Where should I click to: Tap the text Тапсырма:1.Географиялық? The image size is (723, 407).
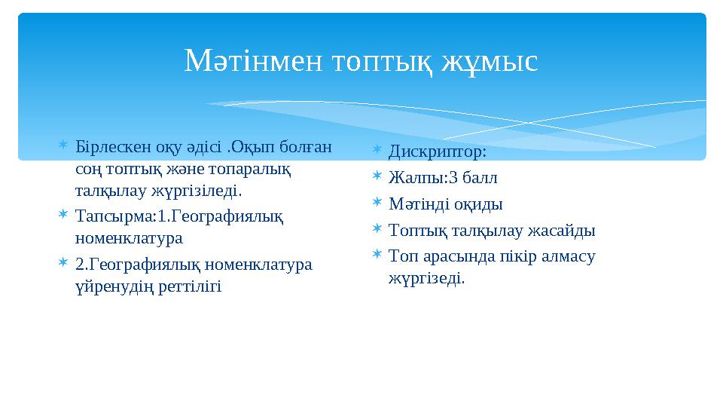(179, 216)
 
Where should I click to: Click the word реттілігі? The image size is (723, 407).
(191, 286)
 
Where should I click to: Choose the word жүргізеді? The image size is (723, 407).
(426, 278)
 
